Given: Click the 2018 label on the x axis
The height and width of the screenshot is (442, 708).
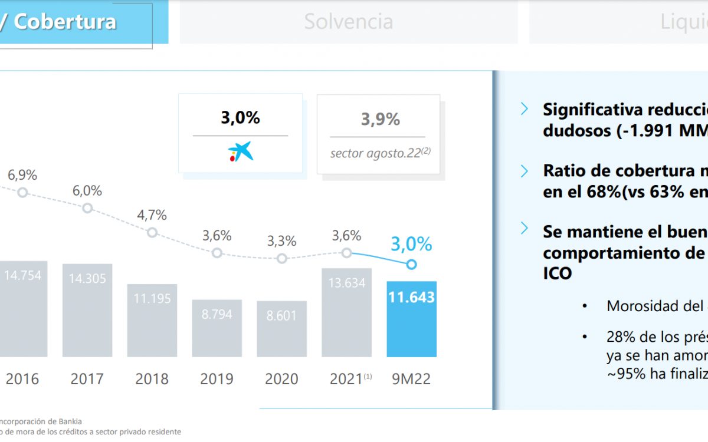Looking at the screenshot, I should tap(152, 378).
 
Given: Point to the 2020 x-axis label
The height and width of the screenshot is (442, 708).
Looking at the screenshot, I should tap(281, 378).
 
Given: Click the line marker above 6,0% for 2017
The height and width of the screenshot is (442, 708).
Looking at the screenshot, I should tap(87, 208).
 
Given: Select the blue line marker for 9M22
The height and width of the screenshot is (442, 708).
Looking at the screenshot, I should tap(412, 265).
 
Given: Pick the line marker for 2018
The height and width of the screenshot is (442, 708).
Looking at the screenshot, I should tap(152, 232).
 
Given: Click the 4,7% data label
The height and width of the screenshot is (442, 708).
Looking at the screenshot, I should tap(152, 215).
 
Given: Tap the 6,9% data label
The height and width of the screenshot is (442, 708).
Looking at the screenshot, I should tap(22, 175).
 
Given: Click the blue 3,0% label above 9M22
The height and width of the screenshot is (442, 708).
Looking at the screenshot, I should tap(411, 244).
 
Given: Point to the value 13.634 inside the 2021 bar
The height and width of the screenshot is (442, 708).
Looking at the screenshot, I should tap(346, 283).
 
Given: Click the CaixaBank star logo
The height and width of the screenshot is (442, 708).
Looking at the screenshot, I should tap(241, 151).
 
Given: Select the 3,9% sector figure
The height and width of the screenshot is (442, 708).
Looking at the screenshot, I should tap(381, 120).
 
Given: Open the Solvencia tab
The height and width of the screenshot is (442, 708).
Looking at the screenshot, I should tap(349, 22).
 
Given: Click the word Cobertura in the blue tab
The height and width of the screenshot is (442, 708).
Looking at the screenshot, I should tap(65, 22).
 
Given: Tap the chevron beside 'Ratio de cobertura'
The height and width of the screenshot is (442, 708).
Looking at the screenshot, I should tap(525, 171).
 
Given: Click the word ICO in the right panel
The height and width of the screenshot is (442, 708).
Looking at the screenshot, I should tap(557, 274).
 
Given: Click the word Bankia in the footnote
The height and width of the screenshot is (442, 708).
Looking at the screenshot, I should tap(68, 421).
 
